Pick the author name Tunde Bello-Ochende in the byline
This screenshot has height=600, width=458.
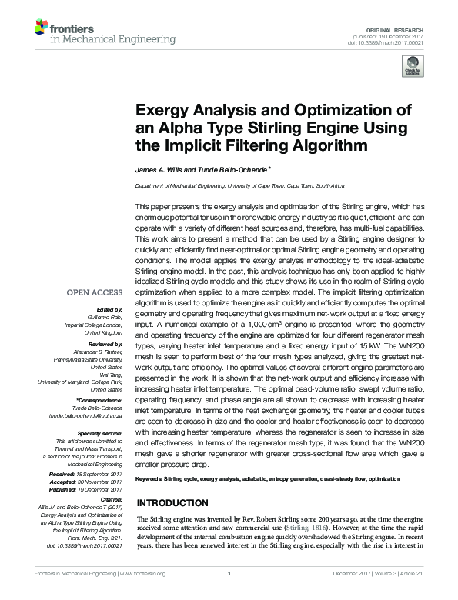226,168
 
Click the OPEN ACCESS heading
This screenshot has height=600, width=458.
95,293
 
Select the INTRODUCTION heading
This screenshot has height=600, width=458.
172,503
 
